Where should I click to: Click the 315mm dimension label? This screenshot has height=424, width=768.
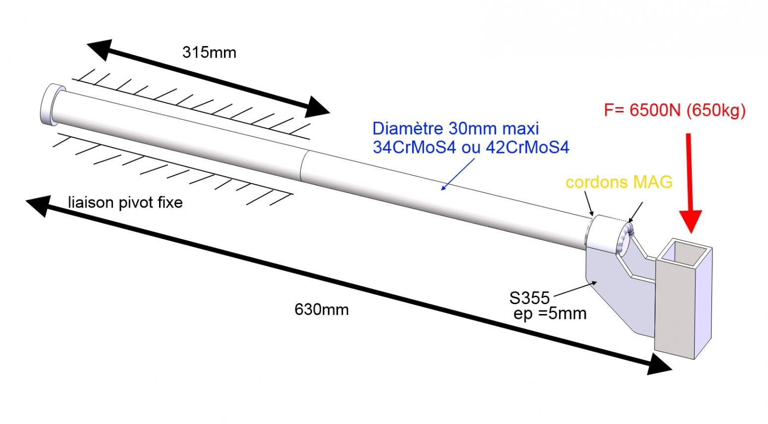[x=209, y=52]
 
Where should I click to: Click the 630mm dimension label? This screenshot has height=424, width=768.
[x=322, y=310]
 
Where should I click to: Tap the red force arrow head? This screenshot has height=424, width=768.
[x=691, y=220]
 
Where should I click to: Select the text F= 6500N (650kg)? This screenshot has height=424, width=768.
[x=674, y=110]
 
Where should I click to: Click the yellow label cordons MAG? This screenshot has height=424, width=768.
[x=619, y=182]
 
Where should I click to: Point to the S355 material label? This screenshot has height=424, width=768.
[x=529, y=298]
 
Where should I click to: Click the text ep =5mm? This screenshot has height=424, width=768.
[x=550, y=314]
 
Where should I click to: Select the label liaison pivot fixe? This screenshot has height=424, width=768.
[x=125, y=202]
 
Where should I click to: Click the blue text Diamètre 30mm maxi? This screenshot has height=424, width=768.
[x=455, y=128]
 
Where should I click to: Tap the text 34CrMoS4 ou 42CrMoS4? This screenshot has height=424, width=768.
[x=471, y=147]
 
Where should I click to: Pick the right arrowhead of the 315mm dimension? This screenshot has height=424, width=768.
[x=317, y=106]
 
